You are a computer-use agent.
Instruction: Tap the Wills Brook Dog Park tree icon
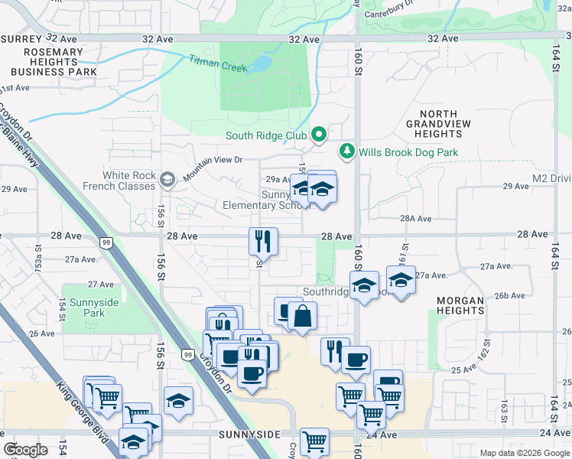click(347, 151)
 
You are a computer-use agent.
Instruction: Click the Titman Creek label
click(218, 63)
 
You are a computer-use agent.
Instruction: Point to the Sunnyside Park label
click(94, 308)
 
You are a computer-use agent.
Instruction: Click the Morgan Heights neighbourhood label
click(460, 306)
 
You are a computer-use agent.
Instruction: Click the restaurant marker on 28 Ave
click(263, 241)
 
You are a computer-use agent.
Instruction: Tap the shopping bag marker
click(303, 315)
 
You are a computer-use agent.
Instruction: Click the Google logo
click(25, 450)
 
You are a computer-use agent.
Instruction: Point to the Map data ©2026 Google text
click(524, 453)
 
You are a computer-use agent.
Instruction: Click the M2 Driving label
click(551, 178)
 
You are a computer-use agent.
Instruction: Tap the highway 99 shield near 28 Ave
click(106, 243)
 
